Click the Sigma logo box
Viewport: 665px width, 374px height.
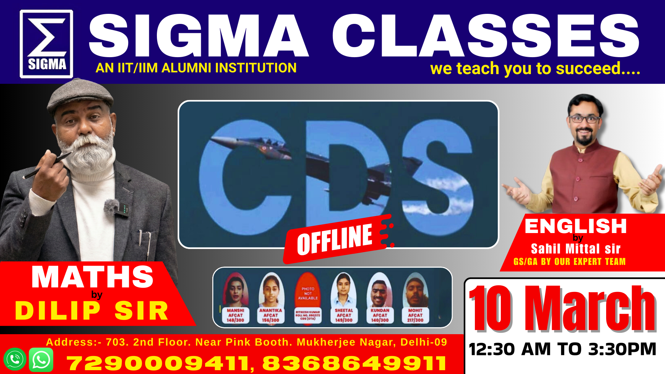(46, 44)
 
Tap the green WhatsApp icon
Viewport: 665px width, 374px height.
(41, 360)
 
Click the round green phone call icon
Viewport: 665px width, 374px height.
(15, 359)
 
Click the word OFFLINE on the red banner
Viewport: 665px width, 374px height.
(335, 239)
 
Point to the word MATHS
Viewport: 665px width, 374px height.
(92, 277)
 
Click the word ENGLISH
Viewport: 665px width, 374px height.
(576, 226)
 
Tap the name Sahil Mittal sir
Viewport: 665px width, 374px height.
(576, 249)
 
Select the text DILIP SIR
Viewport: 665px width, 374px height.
(92, 311)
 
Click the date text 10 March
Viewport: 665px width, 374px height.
(562, 309)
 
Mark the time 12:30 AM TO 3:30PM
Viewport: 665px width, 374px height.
(562, 349)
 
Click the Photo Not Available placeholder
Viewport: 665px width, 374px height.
(308, 293)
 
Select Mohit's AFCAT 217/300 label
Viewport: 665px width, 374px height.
(415, 315)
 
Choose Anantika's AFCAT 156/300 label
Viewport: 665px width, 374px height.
(271, 315)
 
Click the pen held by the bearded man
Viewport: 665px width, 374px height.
(48, 165)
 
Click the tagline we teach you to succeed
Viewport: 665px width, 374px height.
(535, 69)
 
